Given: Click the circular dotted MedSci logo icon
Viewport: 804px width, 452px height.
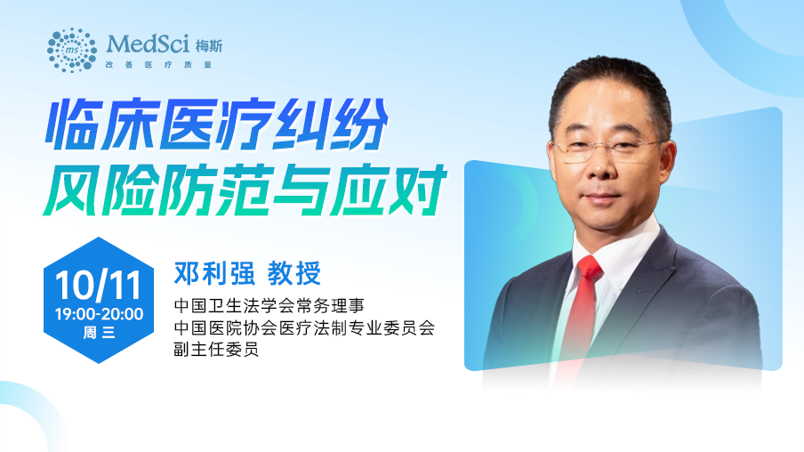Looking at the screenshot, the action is click(72, 51).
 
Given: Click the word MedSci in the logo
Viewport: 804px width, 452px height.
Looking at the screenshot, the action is click(148, 44).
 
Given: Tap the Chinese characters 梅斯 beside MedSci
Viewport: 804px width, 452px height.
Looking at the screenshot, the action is click(209, 46).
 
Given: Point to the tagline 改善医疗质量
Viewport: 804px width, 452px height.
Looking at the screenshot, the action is click(158, 65).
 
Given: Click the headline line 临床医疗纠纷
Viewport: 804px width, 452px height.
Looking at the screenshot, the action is click(216, 125).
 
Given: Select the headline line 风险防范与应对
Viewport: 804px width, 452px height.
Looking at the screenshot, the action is click(245, 190).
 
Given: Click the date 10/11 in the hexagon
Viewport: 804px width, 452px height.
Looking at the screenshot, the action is click(98, 286).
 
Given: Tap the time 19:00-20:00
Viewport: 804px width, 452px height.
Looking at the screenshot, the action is click(99, 314).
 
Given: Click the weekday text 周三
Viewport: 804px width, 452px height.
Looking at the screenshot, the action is click(99, 333).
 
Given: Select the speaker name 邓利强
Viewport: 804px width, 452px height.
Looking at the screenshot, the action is click(214, 273).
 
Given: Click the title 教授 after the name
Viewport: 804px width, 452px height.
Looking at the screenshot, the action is click(294, 273).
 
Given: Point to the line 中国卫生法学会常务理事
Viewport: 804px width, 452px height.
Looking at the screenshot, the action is click(269, 306).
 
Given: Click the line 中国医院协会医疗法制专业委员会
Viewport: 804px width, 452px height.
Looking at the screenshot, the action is click(304, 327).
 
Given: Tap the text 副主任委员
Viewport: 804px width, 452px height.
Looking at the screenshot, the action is click(216, 350).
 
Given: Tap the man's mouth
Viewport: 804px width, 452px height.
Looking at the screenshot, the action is click(601, 199).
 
